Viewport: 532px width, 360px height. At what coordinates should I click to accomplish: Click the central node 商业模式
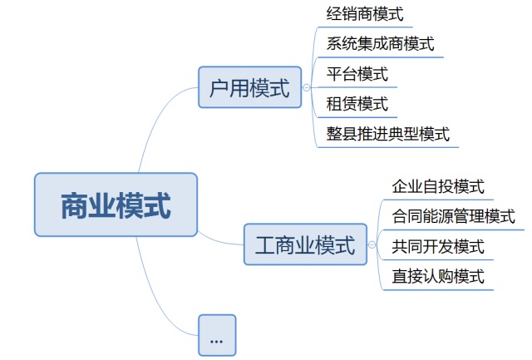pos(116,205)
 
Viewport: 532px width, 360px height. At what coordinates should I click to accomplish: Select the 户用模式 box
pos(250,87)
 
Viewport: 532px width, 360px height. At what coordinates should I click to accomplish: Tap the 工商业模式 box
pos(304,244)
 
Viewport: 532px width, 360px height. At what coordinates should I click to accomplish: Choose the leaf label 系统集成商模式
pos(381,44)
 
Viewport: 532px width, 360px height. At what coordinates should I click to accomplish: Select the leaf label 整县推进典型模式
pos(388,134)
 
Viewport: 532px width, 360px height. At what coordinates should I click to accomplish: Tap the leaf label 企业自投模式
pos(438,186)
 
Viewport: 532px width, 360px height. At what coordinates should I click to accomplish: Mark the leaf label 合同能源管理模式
pos(453,216)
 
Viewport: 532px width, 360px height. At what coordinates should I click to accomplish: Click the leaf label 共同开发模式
pos(438,246)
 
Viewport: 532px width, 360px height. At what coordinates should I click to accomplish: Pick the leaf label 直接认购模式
pos(438,276)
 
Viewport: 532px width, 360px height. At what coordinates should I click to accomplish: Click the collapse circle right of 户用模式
pos(307,87)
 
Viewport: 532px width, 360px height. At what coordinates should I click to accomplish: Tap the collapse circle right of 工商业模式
pos(371,244)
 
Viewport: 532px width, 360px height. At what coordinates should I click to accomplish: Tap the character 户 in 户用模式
pos(220,87)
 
